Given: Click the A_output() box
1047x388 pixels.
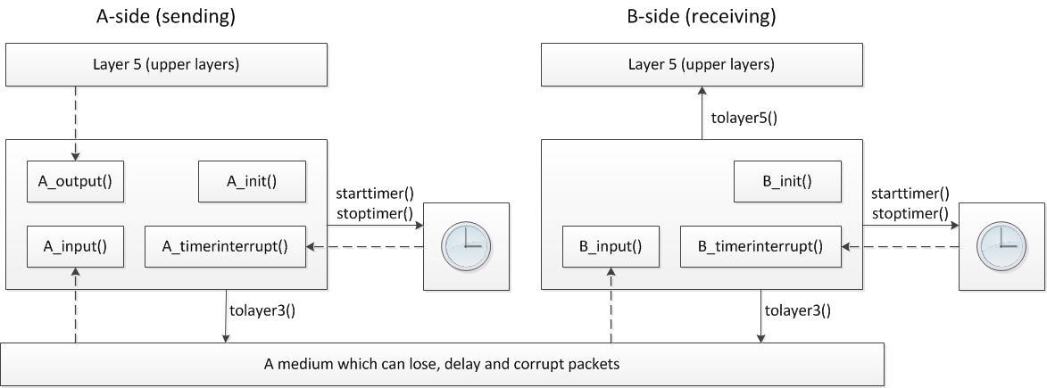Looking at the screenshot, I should [75, 181].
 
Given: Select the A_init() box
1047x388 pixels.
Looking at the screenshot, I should [252, 181].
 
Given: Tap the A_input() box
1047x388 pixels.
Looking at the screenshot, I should [75, 247].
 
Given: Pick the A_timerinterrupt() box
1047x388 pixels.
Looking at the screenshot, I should [225, 247].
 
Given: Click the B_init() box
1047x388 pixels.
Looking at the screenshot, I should [786, 181].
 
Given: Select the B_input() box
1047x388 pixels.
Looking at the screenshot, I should [611, 247].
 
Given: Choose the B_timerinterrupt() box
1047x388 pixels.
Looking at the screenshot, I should [760, 247].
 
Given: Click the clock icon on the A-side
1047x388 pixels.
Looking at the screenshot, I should [466, 247].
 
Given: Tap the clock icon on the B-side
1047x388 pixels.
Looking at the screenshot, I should [1001, 247].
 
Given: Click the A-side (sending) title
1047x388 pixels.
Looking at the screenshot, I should [166, 16].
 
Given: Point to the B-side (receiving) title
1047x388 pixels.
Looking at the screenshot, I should [702, 16].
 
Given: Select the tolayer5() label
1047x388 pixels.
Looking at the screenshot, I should [744, 117].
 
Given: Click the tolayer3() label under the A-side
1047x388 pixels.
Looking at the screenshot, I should [262, 310].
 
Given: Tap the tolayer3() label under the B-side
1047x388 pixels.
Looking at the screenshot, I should [798, 310].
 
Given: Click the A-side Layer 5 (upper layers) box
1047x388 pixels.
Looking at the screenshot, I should [166, 64].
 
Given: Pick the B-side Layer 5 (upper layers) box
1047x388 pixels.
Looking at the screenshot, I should [702, 64].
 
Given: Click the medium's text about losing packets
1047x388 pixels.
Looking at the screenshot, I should [442, 364].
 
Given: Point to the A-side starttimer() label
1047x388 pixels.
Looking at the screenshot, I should [375, 194].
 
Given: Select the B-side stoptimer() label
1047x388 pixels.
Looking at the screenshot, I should [910, 213].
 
